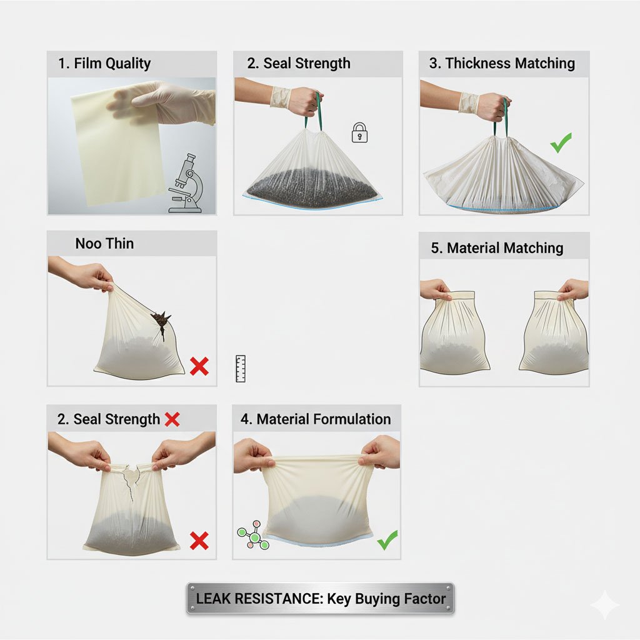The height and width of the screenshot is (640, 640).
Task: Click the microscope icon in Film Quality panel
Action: tap(187, 184)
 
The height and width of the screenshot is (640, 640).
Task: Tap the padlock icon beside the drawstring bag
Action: tap(359, 132)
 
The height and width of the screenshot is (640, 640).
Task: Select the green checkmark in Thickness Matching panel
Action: tap(561, 143)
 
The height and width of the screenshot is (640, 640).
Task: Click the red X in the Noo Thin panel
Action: tap(199, 366)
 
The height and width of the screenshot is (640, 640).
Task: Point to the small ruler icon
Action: tap(240, 368)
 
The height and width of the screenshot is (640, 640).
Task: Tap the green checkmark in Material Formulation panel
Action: tap(387, 540)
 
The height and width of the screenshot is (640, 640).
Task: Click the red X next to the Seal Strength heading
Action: tap(172, 419)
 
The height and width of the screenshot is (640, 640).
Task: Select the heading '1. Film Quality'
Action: tap(104, 64)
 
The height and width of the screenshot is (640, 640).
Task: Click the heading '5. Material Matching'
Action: tap(497, 248)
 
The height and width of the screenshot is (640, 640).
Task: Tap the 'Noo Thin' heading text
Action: tap(104, 244)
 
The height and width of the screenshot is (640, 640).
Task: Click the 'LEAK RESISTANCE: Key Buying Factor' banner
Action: tap(321, 598)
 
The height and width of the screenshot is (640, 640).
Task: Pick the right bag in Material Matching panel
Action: tap(554, 334)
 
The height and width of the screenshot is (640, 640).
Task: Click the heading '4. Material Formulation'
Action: tap(316, 419)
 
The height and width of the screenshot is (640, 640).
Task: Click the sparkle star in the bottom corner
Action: tap(604, 605)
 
